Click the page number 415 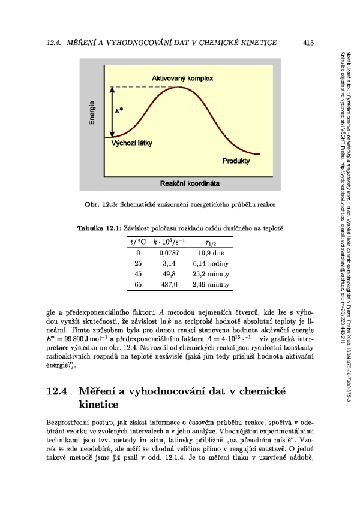[x=309, y=43]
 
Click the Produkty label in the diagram [x=236, y=161]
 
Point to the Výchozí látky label [x=132, y=143]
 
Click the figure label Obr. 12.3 [x=102, y=204]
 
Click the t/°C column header [x=137, y=242]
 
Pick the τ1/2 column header [x=211, y=242]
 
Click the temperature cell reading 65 [x=138, y=285]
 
